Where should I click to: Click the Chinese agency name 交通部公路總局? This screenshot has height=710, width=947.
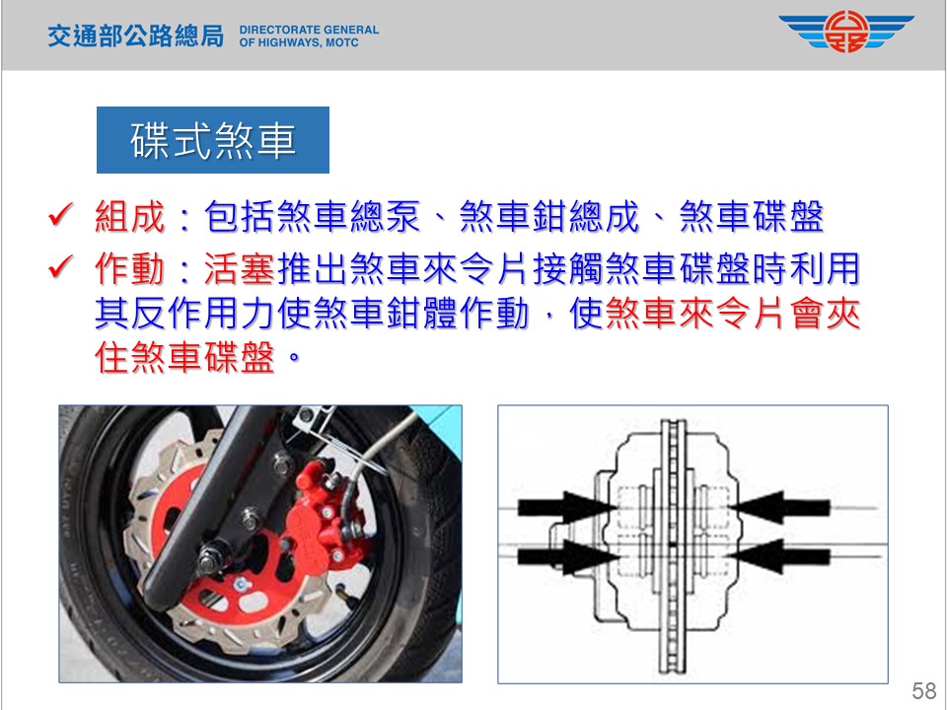pyautogui.click(x=136, y=35)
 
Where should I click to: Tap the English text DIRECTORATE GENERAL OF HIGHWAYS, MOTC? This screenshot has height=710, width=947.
pyautogui.click(x=309, y=36)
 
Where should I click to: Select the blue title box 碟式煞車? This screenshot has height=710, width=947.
pyautogui.click(x=213, y=140)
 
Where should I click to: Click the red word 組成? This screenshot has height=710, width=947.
pyautogui.click(x=130, y=216)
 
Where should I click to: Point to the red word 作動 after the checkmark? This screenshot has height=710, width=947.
pyautogui.click(x=130, y=268)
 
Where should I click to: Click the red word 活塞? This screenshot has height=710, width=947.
pyautogui.click(x=240, y=268)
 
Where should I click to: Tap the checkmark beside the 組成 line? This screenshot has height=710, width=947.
pyautogui.click(x=60, y=214)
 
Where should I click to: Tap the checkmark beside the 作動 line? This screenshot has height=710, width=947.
pyautogui.click(x=60, y=267)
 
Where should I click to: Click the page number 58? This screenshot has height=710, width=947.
pyautogui.click(x=924, y=690)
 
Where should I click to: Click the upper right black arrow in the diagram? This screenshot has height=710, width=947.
pyautogui.click(x=779, y=507)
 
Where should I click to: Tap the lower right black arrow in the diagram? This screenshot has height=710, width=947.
pyautogui.click(x=778, y=556)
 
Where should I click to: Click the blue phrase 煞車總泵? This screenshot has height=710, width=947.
pyautogui.click(x=348, y=216)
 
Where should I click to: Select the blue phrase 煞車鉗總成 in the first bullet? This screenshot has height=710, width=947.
pyautogui.click(x=549, y=216)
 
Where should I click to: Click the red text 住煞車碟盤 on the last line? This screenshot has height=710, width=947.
pyautogui.click(x=184, y=357)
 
